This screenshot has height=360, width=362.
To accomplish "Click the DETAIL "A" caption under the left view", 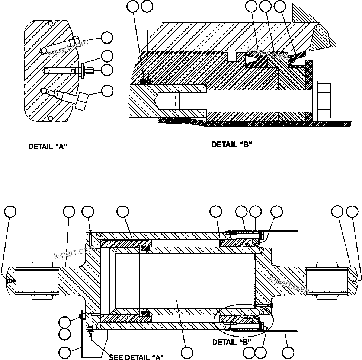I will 48,147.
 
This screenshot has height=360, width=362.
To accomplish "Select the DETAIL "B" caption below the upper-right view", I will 231,144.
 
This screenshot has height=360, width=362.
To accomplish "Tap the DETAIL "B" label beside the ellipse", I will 231,342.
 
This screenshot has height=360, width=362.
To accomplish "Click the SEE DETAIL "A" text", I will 136,357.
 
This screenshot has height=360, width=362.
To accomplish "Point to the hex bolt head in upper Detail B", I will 325,101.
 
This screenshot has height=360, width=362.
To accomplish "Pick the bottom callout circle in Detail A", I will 108,90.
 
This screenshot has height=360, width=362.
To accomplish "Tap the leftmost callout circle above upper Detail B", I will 133,6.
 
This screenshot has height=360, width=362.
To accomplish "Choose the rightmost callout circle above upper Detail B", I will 279,6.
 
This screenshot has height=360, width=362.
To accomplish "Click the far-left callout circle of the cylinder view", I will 10,211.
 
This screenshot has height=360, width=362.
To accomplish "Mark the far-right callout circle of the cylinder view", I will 352,211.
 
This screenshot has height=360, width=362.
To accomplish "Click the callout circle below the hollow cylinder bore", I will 187,353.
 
